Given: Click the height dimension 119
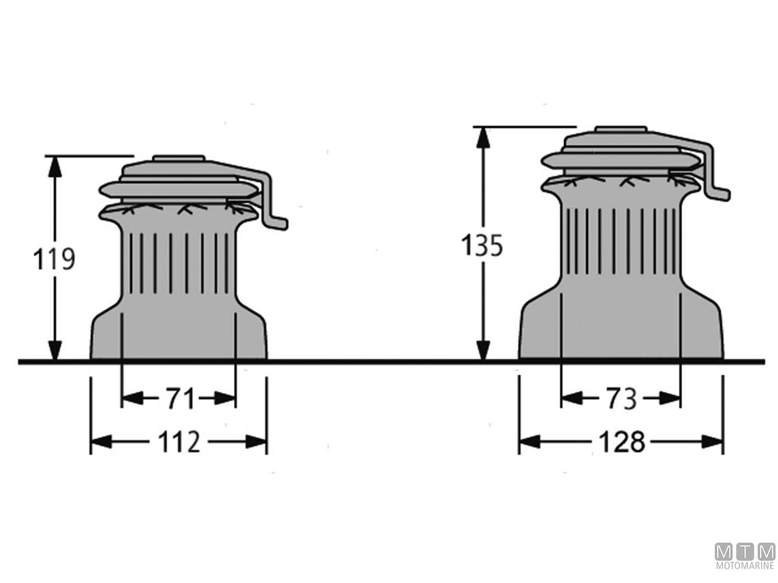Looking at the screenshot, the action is tap(54, 259).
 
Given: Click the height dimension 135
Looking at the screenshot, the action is tap(482, 246).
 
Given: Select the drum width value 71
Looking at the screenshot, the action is tap(181, 398).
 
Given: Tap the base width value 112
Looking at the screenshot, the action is tap(179, 442).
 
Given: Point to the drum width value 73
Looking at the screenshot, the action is tap(621, 398).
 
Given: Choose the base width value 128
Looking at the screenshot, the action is tap(622, 442).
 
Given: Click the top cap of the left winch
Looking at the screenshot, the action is tap(179, 158).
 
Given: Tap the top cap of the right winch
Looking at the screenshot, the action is tap(621, 129).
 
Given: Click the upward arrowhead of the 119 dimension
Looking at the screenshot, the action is tap(54, 166).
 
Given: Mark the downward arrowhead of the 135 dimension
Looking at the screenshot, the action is tap(483, 350).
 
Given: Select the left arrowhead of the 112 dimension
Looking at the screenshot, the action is tap(102, 442).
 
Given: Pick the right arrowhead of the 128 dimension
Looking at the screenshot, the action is tap(713, 442).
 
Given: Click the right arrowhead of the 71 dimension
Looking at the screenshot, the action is tap(225, 398).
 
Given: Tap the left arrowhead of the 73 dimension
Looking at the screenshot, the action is tap(572, 398).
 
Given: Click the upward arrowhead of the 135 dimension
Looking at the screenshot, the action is tap(483, 137).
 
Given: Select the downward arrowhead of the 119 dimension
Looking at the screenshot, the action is tap(54, 350).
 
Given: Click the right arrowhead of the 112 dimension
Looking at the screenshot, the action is tap(256, 442).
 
